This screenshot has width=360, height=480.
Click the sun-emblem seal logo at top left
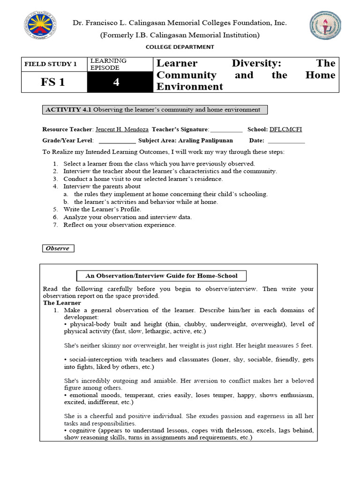pos(42,27)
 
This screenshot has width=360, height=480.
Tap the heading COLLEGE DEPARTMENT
pos(180,47)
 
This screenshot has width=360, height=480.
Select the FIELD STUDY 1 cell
pos(54,64)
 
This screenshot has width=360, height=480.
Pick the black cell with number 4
pos(120,82)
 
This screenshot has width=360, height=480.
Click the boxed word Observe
pos(58,248)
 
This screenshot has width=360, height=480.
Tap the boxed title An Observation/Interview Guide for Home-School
pos(161,276)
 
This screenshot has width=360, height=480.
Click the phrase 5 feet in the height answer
pos(303,345)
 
